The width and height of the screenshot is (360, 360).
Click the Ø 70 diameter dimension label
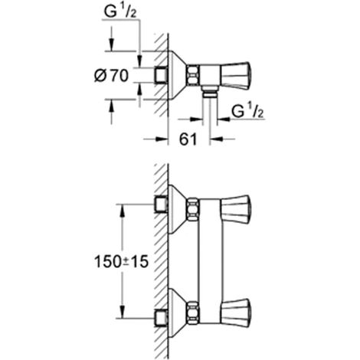click(111, 76)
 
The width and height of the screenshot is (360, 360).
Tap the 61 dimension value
click(188, 139)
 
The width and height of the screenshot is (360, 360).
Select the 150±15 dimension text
click(121, 262)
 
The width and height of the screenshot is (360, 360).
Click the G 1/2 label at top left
click(120, 11)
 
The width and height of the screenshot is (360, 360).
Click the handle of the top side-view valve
click(235, 76)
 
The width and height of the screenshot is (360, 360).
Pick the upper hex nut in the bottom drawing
click(193, 209)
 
